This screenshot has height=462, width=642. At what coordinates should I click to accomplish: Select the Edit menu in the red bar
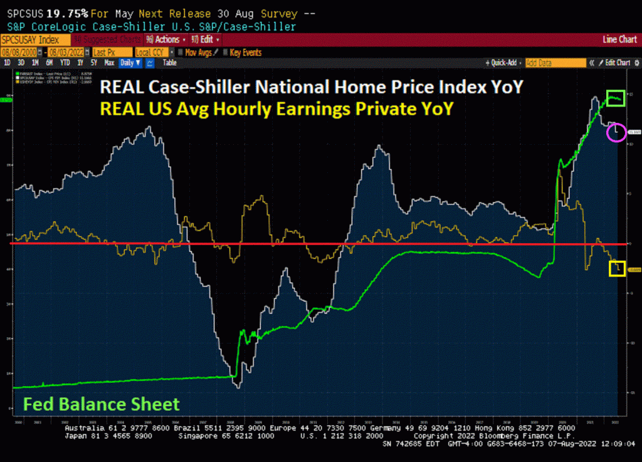click(204, 39)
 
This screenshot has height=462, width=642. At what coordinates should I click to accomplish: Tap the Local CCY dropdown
click(150, 52)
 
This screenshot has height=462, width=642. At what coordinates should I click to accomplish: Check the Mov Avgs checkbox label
click(198, 52)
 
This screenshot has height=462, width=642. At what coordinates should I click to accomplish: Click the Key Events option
click(245, 52)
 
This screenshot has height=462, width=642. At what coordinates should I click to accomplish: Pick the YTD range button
click(64, 63)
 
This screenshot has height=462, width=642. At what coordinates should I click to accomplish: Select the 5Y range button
click(93, 63)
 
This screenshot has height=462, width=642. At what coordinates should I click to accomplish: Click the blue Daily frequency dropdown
click(129, 63)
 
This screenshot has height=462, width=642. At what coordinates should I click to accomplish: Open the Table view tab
click(169, 63)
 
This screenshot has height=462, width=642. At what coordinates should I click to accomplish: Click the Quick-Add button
click(503, 63)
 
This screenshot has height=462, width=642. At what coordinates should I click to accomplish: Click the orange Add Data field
click(554, 63)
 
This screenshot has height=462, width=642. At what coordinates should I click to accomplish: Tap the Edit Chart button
click(614, 63)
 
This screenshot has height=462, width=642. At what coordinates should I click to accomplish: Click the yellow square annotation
click(617, 268)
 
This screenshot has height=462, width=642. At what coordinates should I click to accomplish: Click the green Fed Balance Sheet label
click(102, 404)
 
